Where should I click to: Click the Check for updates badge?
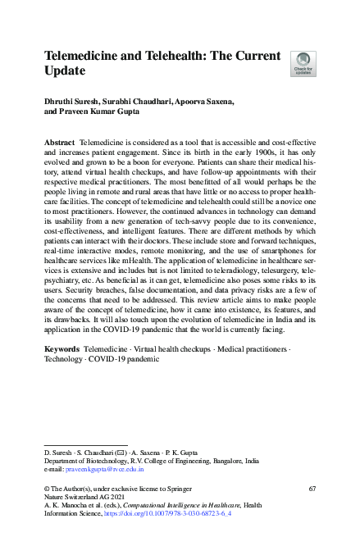point(303,62)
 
